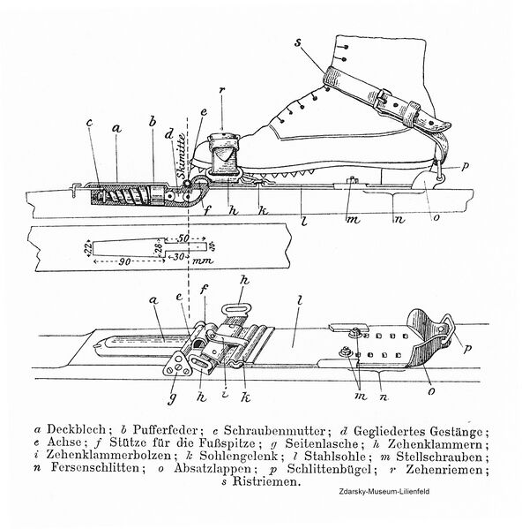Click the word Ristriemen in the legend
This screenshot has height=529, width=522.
(x=275, y=489)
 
